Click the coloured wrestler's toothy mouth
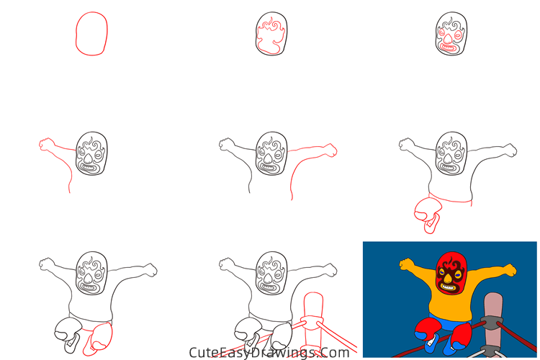pyautogui.click(x=449, y=287)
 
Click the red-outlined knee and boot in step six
pyautogui.click(x=427, y=214)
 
